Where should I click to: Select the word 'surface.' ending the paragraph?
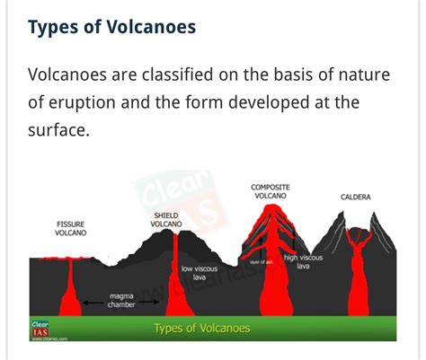coord(58,131)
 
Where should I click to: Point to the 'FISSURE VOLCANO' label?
coord(71,227)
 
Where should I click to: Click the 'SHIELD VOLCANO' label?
coord(167,220)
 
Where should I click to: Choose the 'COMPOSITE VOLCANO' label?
coord(270,192)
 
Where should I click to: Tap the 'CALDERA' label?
coord(356,197)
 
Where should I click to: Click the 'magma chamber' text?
coord(122,299)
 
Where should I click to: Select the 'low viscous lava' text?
coord(199,273)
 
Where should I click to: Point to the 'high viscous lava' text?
coord(303,262)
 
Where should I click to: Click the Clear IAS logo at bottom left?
coord(40,329)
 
